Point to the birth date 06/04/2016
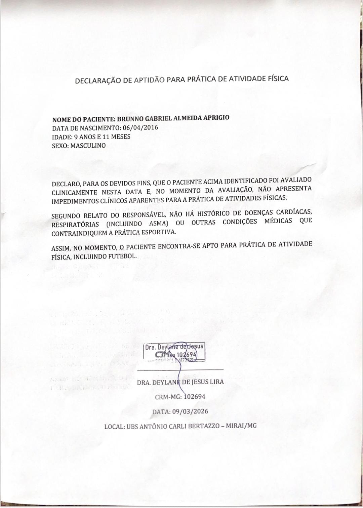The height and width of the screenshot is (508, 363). click(140, 128)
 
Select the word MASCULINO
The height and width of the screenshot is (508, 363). click(88, 146)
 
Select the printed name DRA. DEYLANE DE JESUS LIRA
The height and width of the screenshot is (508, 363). click(180, 382)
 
